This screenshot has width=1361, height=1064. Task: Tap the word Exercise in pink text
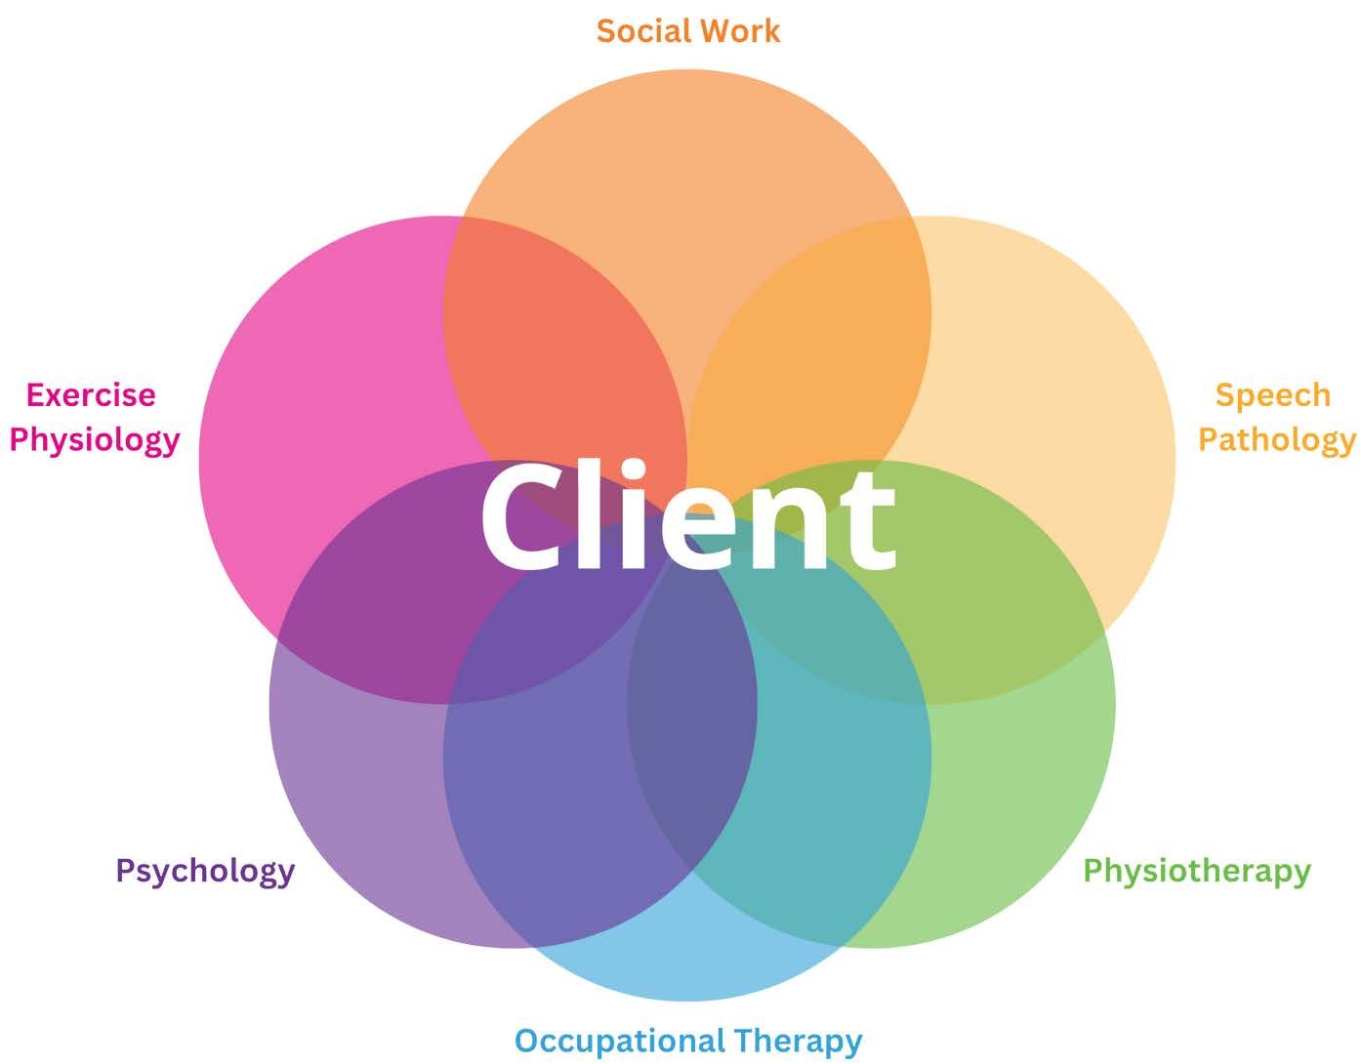point(91,395)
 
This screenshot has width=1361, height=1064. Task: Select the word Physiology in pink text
point(95,440)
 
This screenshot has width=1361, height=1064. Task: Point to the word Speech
point(1272,395)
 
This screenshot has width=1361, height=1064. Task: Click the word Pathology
point(1276,440)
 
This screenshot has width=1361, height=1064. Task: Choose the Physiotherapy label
point(1197,871)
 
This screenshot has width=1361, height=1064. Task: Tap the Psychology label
point(205,871)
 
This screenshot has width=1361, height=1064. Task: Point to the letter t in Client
point(868,522)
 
